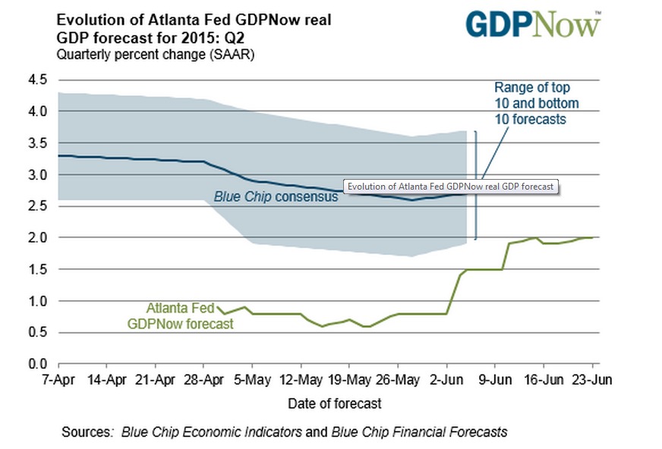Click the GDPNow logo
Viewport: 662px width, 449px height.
[x=533, y=24]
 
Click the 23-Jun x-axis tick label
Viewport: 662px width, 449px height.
[x=591, y=380]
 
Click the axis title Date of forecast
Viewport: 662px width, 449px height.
[x=334, y=403]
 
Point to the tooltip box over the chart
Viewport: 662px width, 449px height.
[x=450, y=187]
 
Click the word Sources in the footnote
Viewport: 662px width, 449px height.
[x=87, y=432]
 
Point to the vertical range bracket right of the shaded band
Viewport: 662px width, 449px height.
[x=476, y=185]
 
